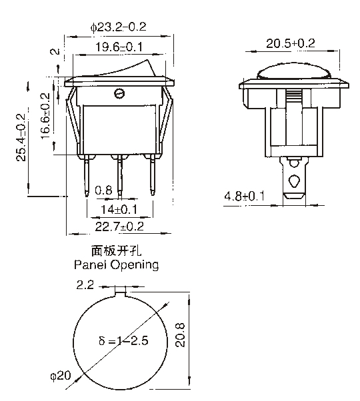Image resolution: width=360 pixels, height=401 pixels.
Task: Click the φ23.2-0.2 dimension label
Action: pyautogui.click(x=118, y=27)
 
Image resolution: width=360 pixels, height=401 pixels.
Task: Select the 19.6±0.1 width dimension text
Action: pyautogui.click(x=119, y=47)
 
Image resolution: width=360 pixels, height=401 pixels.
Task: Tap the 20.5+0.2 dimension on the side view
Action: pyautogui.click(x=291, y=43)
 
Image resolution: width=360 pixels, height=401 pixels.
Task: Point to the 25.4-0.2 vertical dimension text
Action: pyautogui.click(x=21, y=137)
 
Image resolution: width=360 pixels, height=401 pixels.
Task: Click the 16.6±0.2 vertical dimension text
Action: pyautogui.click(x=45, y=116)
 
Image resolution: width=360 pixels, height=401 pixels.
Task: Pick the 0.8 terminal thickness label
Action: pyautogui.click(x=103, y=191)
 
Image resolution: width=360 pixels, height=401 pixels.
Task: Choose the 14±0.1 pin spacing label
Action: pyautogui.click(x=119, y=209)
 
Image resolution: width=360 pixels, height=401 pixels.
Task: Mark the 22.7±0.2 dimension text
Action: pyautogui.click(x=119, y=226)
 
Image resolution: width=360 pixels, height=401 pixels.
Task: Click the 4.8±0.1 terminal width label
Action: pyautogui.click(x=245, y=196)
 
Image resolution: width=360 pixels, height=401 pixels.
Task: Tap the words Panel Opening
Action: pyautogui.click(x=117, y=265)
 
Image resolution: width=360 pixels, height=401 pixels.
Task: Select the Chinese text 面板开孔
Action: pyautogui.click(x=117, y=251)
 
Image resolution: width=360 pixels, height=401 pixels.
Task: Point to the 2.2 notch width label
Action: pyautogui.click(x=85, y=285)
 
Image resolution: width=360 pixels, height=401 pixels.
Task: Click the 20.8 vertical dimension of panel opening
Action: pyautogui.click(x=181, y=335)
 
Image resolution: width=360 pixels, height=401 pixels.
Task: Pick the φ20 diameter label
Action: pyautogui.click(x=61, y=376)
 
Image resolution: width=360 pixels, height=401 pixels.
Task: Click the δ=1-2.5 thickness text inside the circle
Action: pyautogui.click(x=123, y=341)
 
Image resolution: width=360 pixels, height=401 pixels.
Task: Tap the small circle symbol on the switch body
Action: pyautogui.click(x=119, y=94)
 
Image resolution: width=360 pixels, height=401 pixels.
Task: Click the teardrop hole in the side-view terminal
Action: pyautogui.click(x=294, y=181)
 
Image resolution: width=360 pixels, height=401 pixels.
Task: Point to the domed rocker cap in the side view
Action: pyautogui.click(x=294, y=71)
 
